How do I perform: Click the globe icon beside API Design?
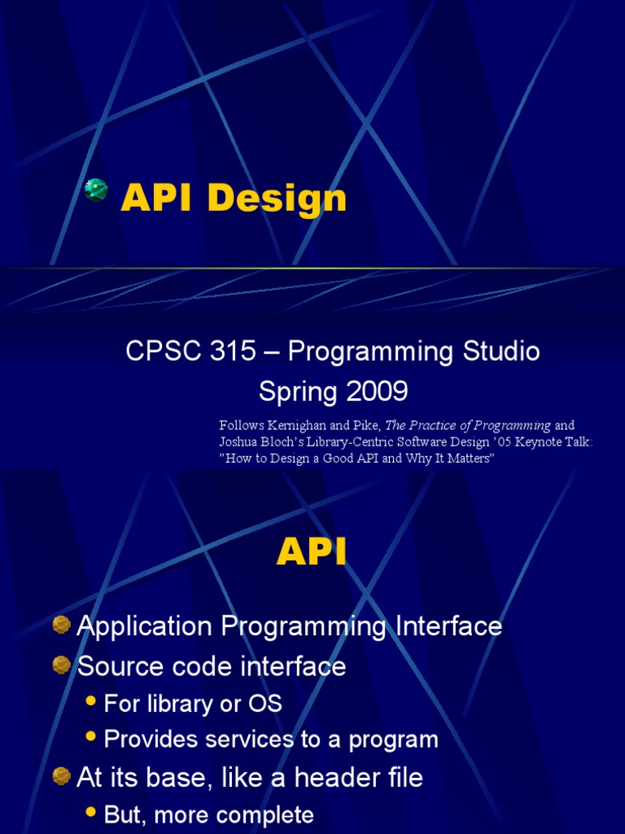click(96, 190)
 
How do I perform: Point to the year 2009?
click(374, 392)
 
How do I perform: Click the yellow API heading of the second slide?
click(312, 553)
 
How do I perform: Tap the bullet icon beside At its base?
click(62, 776)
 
